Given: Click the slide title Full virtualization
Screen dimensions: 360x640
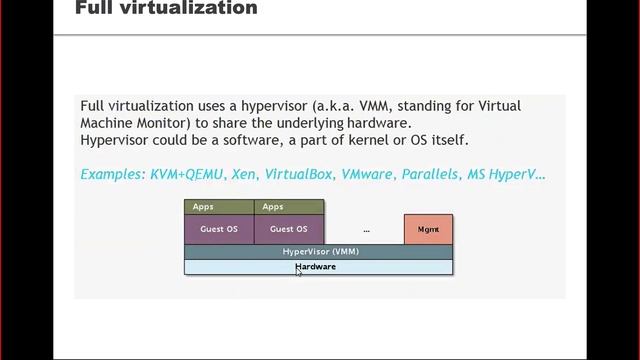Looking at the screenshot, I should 166,9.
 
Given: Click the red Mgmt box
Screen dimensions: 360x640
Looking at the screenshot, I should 428,229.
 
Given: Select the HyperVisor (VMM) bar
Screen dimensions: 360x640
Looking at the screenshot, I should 318,252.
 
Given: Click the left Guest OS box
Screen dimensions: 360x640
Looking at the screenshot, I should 219,229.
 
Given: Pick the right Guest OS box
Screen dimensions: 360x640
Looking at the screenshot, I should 289,229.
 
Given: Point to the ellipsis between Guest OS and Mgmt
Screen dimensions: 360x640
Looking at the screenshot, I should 366,230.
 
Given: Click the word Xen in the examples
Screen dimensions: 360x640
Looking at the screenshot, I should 243,174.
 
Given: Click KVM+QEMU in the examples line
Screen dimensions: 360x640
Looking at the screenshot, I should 187,174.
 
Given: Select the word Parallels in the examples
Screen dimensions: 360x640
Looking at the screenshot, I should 430,174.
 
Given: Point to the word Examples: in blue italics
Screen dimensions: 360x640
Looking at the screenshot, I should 112,174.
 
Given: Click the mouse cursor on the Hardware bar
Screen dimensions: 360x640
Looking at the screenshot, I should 298,270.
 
